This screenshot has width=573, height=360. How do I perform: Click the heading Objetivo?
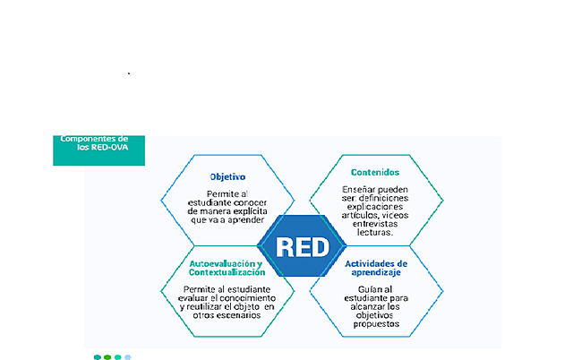227,177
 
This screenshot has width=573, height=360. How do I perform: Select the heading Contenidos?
375,171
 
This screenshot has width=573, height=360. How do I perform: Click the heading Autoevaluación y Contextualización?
226,269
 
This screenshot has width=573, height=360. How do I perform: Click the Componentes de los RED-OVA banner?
98,145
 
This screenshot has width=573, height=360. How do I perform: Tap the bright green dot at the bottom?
107,356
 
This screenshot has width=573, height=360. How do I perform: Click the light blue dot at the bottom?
128,356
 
